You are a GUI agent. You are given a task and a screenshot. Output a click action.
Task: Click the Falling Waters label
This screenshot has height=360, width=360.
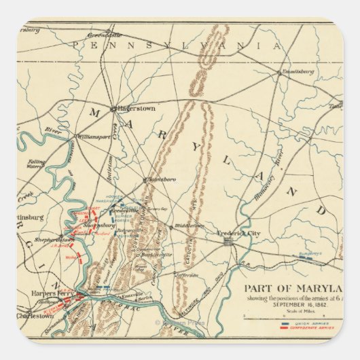(x=33, y=162)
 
